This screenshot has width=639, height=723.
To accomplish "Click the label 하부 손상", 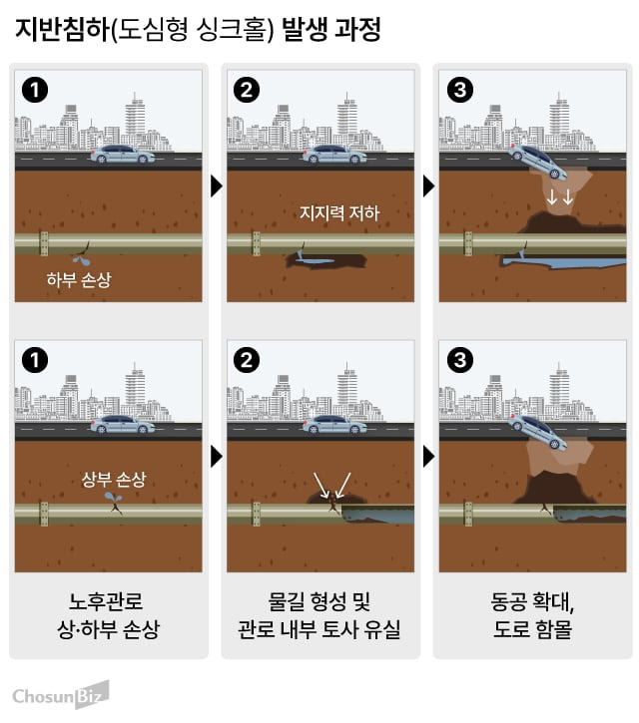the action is [79, 279].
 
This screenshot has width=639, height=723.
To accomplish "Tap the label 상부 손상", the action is [114, 479].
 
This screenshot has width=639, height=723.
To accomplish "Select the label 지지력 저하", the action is [339, 212].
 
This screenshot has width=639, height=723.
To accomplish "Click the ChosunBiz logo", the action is [61, 694].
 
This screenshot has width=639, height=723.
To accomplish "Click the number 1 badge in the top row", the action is [35, 90].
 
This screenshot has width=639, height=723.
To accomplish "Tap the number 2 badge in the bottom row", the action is [247, 360].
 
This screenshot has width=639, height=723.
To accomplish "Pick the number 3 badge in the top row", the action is [460, 90].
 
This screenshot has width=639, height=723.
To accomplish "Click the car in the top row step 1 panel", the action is [123, 154].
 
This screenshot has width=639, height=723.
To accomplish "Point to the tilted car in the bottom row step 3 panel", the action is [538, 432].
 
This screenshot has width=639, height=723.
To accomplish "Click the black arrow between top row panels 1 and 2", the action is [216, 186].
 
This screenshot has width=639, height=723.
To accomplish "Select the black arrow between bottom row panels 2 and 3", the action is [428, 457].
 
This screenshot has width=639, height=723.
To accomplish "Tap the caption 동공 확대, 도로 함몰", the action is [532, 615].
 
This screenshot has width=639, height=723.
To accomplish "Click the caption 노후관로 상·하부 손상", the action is [109, 615].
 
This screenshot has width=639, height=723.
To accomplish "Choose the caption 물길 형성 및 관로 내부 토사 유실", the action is [319, 615].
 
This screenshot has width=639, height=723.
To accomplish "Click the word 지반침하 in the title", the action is [62, 31].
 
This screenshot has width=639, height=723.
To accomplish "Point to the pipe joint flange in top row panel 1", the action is [44, 243].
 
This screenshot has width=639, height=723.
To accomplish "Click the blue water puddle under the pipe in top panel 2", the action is [316, 261].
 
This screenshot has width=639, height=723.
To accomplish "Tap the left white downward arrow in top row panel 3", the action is [552, 197].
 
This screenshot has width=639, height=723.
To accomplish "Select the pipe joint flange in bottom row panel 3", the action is [468, 515].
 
